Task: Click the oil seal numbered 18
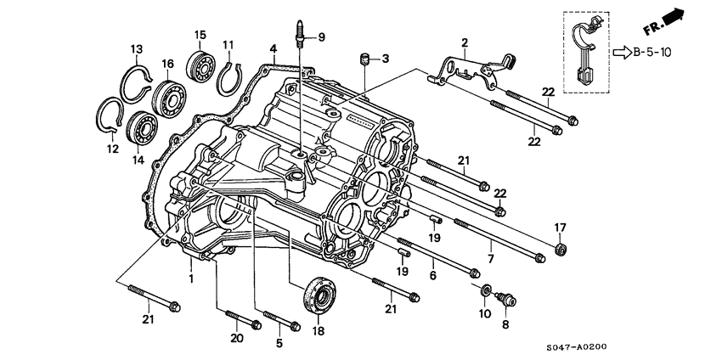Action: (319, 294)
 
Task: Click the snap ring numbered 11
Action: (227, 78)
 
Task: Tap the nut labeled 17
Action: (561, 248)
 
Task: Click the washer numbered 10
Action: (485, 292)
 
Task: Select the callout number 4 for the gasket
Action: (273, 47)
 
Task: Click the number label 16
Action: (167, 64)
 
